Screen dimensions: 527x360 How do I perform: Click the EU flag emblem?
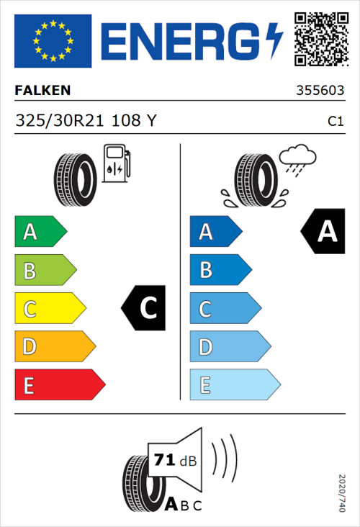click(53, 40)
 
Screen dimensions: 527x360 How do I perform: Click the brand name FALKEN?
click(43, 91)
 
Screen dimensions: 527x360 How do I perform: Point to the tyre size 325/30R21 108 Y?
click(85, 121)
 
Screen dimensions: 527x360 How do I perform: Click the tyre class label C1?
click(335, 122)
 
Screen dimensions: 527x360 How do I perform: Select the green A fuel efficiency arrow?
click(40, 232)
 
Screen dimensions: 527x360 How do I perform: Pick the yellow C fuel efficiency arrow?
click(49, 309)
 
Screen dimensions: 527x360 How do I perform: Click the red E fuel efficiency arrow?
click(59, 385)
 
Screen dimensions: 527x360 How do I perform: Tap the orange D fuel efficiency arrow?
click(54, 347)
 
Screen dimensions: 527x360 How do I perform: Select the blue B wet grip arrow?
click(220, 271)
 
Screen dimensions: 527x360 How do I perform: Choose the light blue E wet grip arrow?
click(234, 385)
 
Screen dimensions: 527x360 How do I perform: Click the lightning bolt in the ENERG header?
click(275, 40)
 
